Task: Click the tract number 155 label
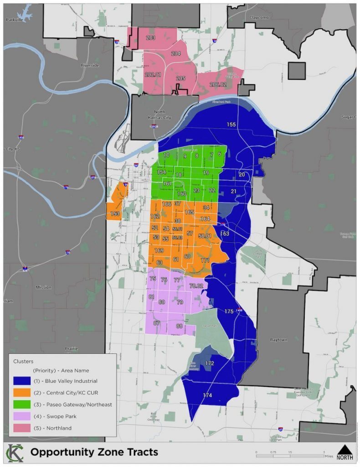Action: point(231,125)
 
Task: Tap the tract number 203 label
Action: point(150,38)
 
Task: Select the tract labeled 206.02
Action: point(218,84)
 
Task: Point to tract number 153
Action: point(115,213)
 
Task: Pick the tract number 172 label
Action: point(209,363)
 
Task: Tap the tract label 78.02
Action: point(197,286)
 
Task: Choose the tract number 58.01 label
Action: point(205,236)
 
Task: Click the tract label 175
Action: point(229,311)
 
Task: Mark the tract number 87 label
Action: point(156,323)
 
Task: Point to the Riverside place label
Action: point(89,65)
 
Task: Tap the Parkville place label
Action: point(14,20)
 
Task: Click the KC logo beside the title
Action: point(15,452)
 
